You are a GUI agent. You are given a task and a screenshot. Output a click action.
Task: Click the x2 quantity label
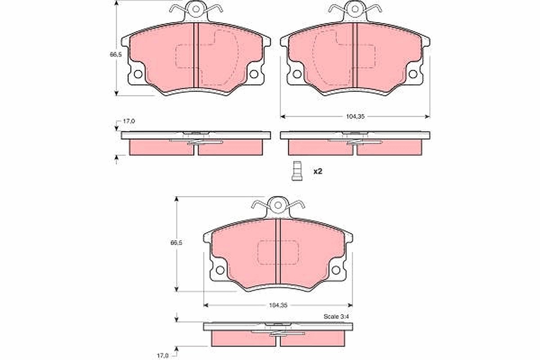[318, 171]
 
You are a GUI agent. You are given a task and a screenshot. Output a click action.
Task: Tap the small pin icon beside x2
[297, 171]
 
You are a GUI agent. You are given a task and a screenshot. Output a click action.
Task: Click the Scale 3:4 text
[336, 317]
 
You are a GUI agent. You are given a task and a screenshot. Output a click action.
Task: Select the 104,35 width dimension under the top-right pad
[355, 117]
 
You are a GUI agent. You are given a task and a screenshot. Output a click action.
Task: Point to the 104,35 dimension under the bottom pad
[278, 305]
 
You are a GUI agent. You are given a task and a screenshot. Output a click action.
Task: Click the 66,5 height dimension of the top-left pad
[116, 54]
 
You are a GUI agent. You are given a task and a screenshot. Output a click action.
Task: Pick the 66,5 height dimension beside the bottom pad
[176, 243]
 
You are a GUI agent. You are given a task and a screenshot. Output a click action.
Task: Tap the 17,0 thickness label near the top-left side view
[129, 121]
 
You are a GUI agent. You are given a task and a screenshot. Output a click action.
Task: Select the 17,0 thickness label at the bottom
[163, 355]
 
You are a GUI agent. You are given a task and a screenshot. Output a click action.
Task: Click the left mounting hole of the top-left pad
[138, 74]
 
